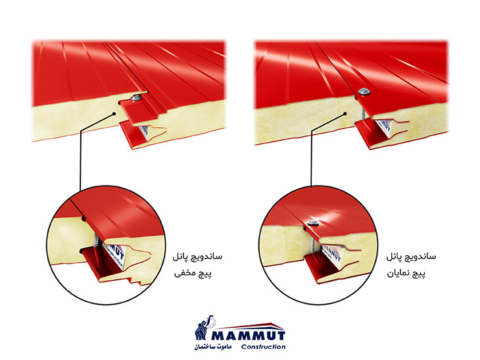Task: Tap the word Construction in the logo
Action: pyautogui.click(x=263, y=346)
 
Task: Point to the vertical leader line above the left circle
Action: pyautogui.click(x=80, y=165)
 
